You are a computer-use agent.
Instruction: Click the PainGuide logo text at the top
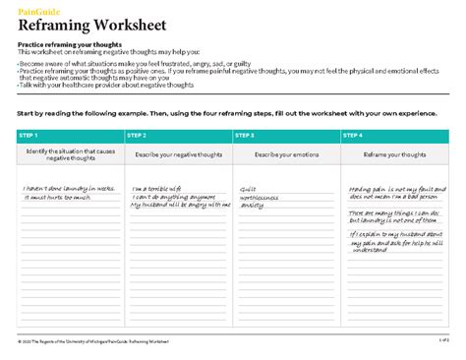pos(35,10)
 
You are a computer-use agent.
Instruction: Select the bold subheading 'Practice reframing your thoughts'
pos(66,45)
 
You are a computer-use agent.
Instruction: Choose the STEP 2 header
pos(138,135)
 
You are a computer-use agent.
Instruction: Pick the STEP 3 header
pos(246,135)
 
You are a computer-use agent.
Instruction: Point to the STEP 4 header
pos(354,135)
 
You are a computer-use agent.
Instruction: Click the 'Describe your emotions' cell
pos(286,154)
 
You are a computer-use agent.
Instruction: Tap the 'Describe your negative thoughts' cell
pos(178,154)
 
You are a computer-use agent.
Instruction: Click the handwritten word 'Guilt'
pos(248,188)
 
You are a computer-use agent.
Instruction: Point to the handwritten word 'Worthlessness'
pos(261,197)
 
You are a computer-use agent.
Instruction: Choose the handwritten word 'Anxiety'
pos(253,206)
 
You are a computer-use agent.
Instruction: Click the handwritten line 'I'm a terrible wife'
pos(156,188)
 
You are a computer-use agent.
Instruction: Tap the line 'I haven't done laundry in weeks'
pos(68,188)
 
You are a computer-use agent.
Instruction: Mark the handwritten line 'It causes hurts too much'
pos(55,197)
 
